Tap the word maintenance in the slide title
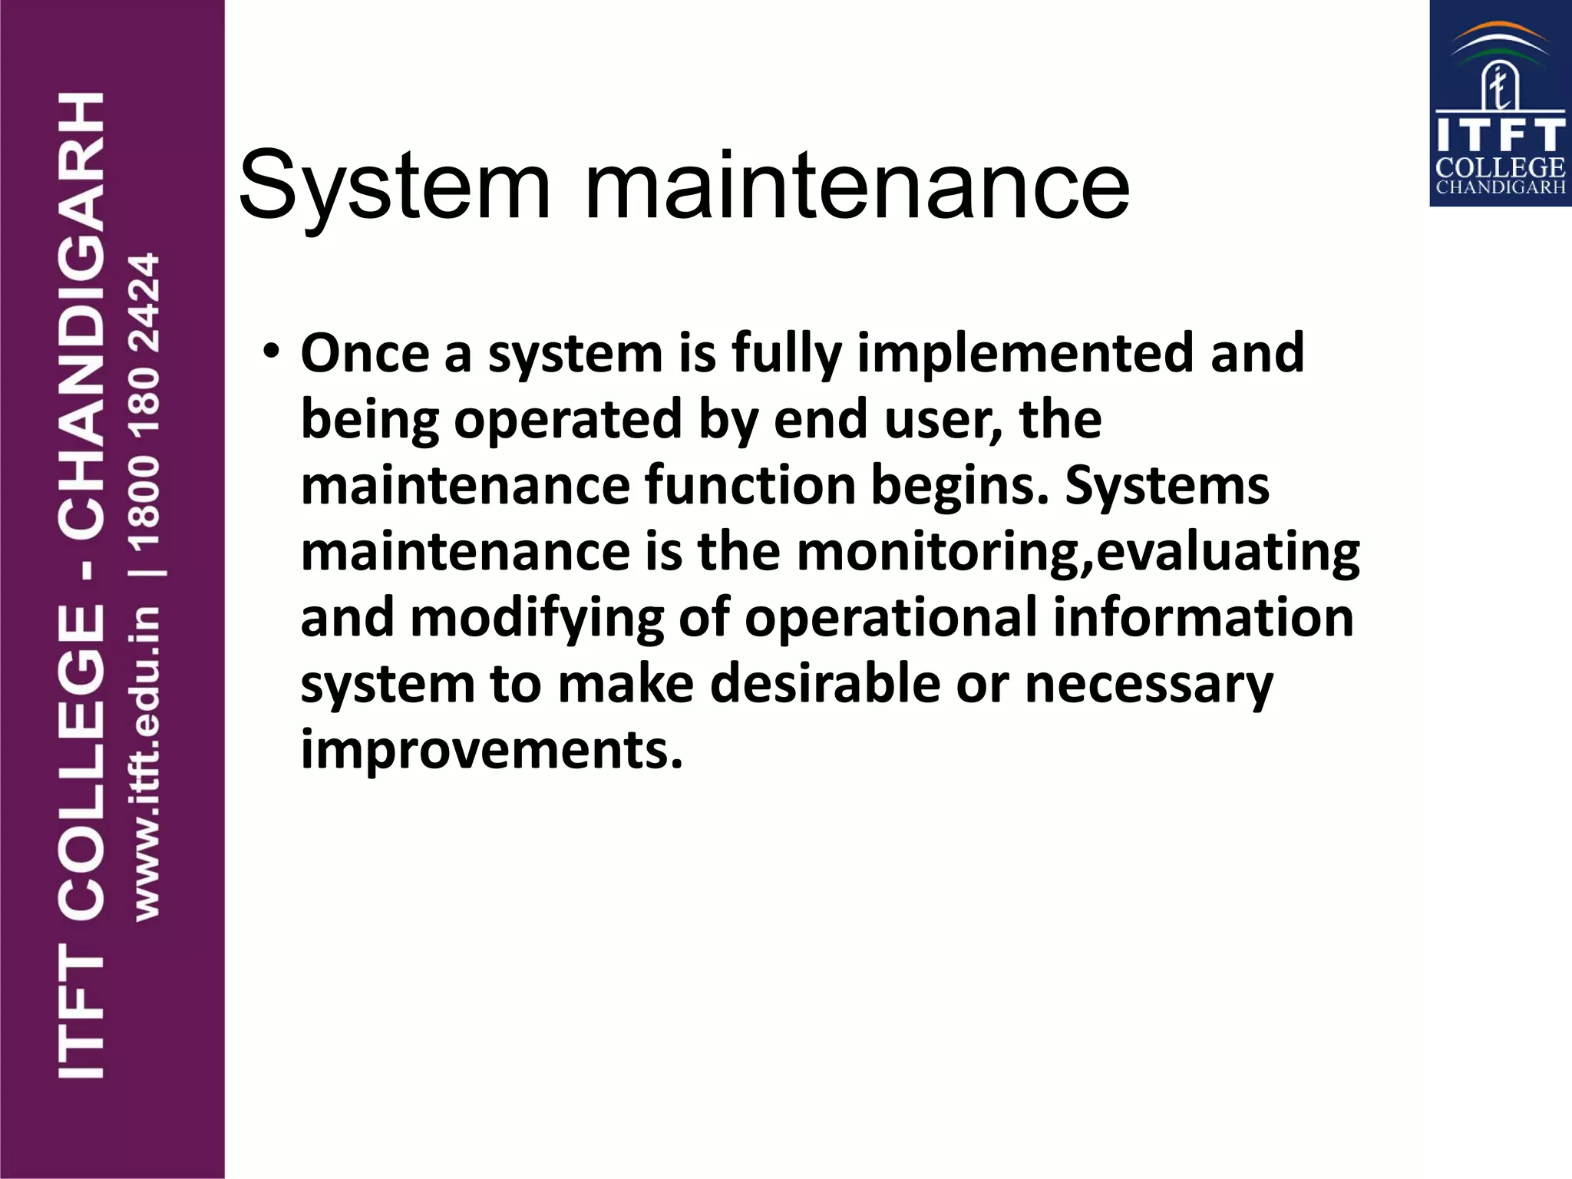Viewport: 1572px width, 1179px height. (x=857, y=187)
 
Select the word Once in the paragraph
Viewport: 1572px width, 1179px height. (x=365, y=354)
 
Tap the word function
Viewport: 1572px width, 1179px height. (x=750, y=486)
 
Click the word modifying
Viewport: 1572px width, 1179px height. (x=537, y=619)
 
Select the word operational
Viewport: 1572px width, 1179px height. (x=891, y=618)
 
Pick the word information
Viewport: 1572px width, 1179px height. (x=1204, y=618)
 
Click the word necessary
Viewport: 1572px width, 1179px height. (x=1149, y=685)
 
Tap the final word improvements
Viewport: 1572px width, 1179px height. (x=491, y=750)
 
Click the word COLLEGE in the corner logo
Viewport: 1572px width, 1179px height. (x=1500, y=167)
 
